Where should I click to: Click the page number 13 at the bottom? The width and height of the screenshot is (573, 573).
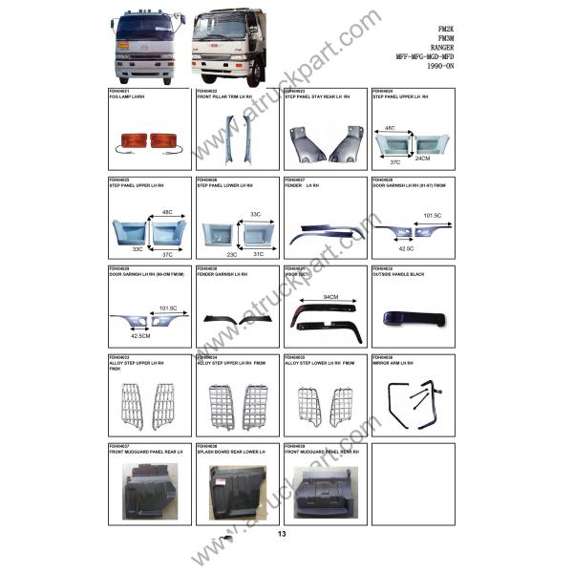pos(282,534)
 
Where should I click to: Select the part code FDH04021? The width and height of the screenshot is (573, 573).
pos(118,91)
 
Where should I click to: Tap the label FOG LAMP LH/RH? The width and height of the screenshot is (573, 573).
pos(129,97)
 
